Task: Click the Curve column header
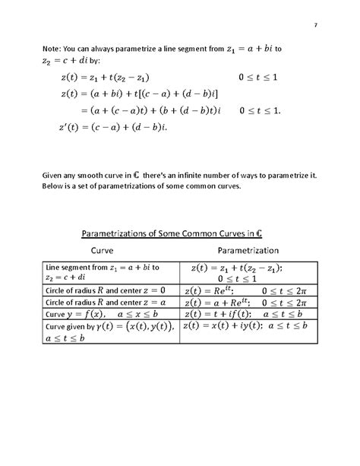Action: [x=108, y=250]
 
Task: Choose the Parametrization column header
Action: [x=248, y=250]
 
